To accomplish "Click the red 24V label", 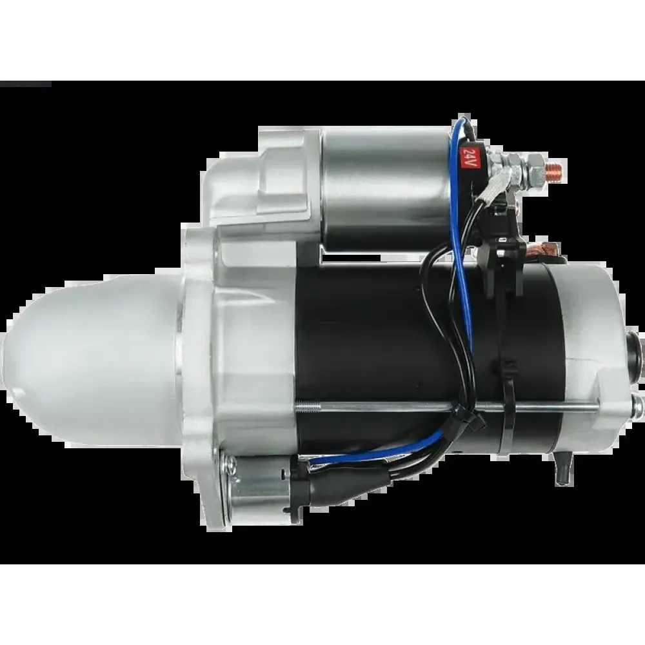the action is [x=468, y=157].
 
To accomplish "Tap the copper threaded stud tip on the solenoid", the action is [x=555, y=168].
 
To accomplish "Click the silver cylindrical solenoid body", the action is [x=386, y=188].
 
